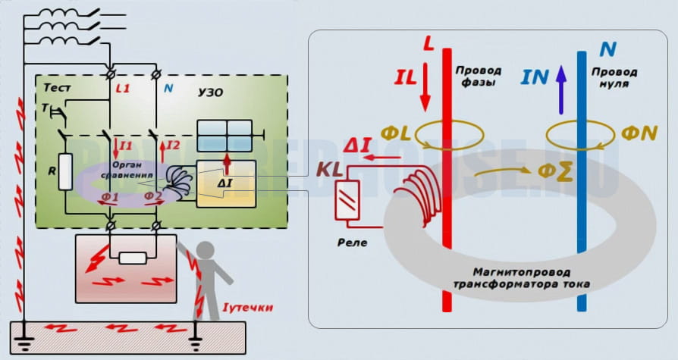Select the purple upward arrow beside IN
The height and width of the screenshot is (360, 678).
click(560, 80)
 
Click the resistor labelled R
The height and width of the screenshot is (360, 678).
click(66, 171)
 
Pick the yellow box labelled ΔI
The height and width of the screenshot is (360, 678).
click(226, 183)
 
